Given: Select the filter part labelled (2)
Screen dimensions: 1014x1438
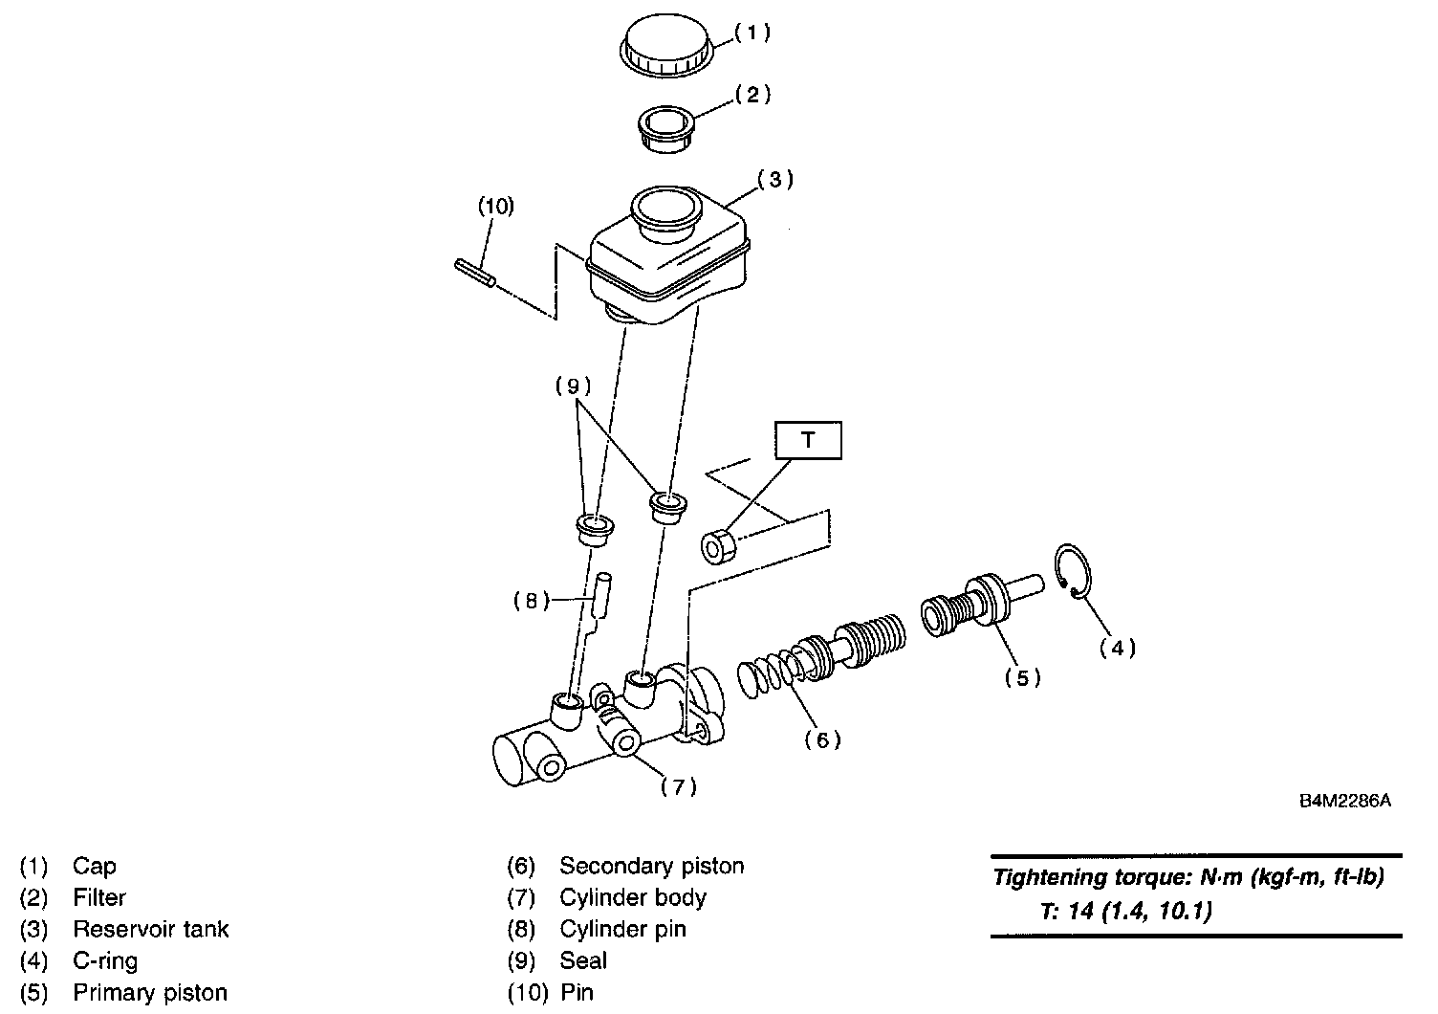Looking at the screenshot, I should pyautogui.click(x=666, y=128).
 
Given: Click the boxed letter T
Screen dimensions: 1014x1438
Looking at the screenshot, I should pyautogui.click(x=808, y=440).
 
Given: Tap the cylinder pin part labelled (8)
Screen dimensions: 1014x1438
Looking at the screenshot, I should pyautogui.click(x=602, y=597).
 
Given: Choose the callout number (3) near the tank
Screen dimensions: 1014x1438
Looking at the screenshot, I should pyautogui.click(x=775, y=179).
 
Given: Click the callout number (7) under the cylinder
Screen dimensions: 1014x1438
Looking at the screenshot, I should pyautogui.click(x=678, y=787).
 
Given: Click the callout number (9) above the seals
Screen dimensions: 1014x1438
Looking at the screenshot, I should pyautogui.click(x=573, y=386).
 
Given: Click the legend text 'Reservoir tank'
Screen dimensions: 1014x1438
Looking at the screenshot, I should pyautogui.click(x=151, y=929).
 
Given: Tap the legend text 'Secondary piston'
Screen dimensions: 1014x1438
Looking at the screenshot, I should pyautogui.click(x=651, y=866).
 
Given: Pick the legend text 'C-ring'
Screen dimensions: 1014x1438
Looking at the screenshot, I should pyautogui.click(x=105, y=960).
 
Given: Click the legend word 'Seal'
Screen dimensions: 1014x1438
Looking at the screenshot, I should pyautogui.click(x=583, y=960).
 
